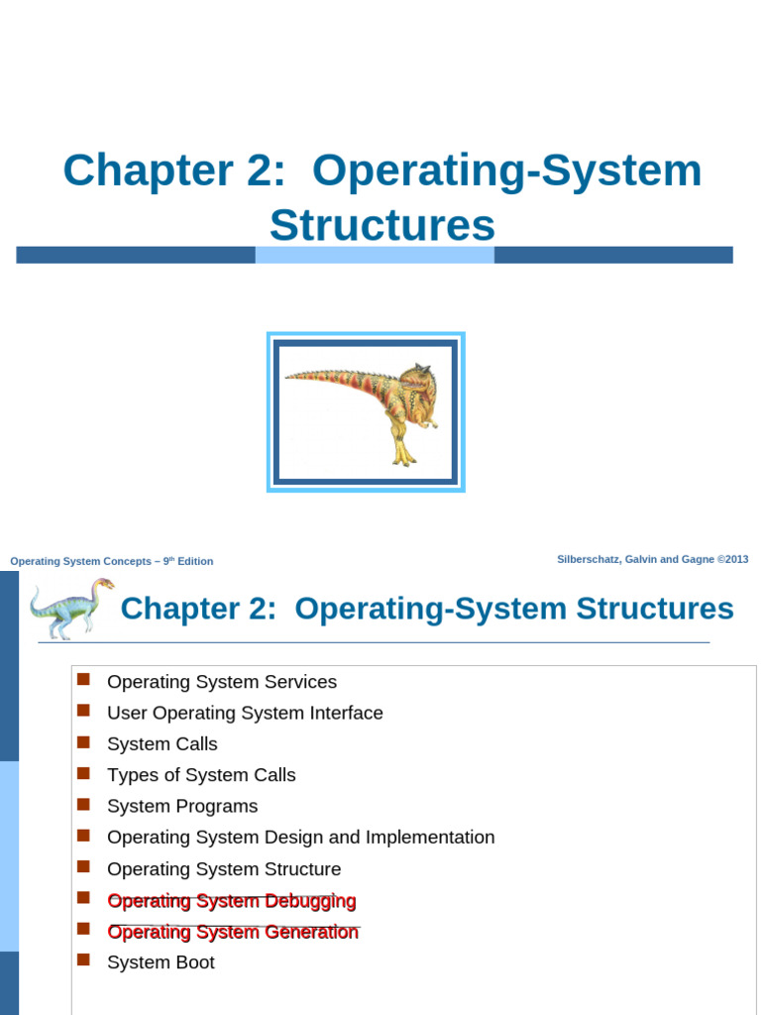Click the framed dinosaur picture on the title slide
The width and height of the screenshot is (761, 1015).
[366, 411]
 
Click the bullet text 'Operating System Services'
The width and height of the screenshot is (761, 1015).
[222, 682]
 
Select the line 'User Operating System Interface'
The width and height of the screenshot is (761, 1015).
[245, 713]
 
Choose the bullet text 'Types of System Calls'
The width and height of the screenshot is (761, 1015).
[201, 775]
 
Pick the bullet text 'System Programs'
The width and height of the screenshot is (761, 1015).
[182, 806]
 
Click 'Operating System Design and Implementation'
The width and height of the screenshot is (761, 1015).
[300, 837]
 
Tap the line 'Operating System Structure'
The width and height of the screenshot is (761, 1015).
[224, 869]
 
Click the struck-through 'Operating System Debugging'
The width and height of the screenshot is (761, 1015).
[231, 901]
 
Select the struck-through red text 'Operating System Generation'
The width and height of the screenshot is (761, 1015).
[233, 932]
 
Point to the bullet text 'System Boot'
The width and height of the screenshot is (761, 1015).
[161, 962]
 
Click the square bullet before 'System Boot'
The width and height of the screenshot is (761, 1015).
[83, 959]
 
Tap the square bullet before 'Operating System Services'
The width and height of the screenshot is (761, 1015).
[83, 679]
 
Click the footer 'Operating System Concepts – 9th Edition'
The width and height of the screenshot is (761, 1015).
[111, 561]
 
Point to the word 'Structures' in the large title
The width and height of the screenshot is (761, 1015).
[381, 225]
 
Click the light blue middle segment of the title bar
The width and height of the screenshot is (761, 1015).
[375, 255]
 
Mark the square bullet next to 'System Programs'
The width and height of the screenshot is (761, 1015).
[83, 804]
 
